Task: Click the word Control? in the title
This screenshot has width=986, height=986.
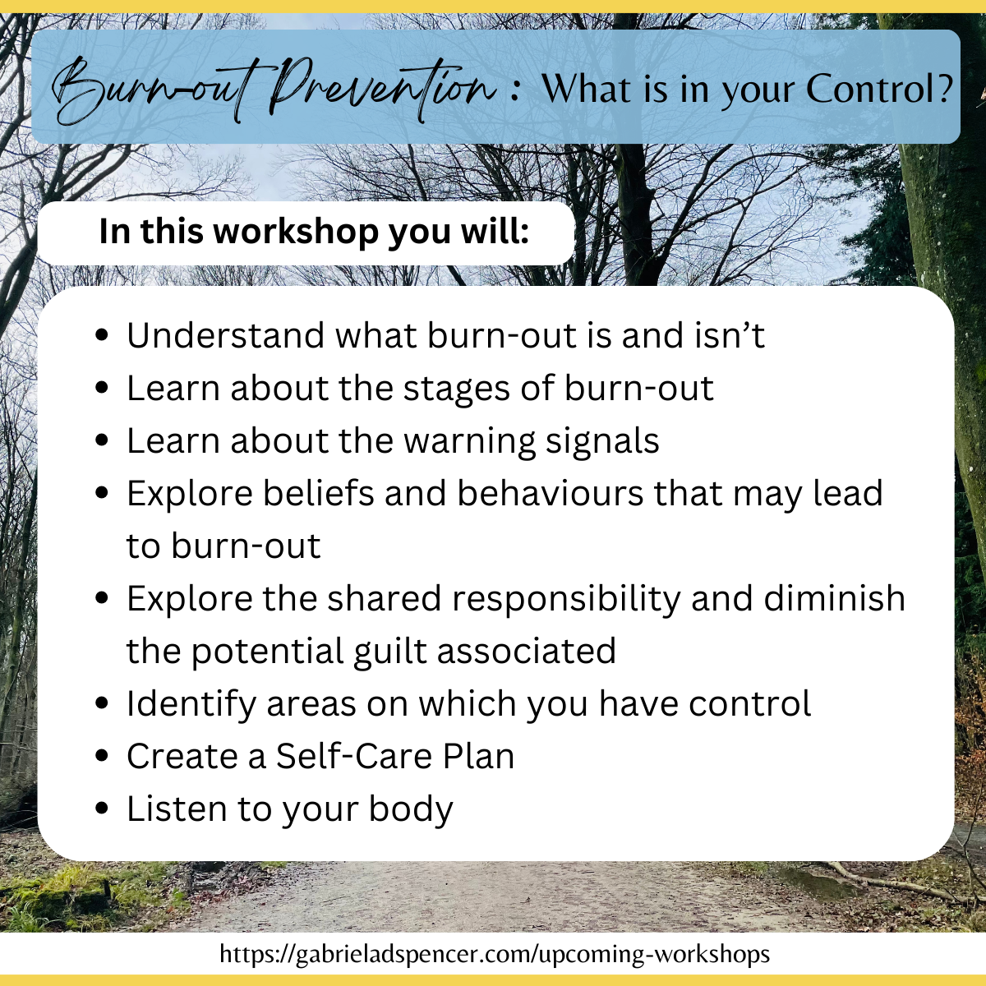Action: [x=879, y=89]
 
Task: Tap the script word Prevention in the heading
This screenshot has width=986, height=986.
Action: [x=381, y=88]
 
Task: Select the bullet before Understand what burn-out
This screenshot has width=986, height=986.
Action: [x=102, y=335]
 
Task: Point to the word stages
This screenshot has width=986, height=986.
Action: [x=456, y=389]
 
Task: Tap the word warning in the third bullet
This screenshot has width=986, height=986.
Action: [x=469, y=441]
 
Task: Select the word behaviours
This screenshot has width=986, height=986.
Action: [x=550, y=493]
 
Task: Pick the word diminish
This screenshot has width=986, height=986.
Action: [x=834, y=598]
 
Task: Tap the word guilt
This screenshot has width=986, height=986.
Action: [x=390, y=652]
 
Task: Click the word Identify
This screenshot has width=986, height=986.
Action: [x=191, y=704]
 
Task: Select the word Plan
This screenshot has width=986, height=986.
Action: [x=478, y=756]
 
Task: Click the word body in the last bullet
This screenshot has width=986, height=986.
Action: [x=411, y=809]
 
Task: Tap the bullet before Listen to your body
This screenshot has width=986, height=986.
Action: [x=102, y=809]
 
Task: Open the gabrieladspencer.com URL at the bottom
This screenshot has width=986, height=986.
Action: [x=495, y=954]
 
